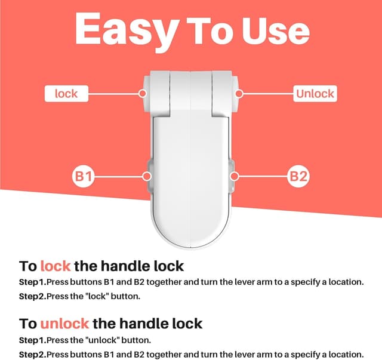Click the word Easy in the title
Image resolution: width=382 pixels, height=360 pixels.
[126, 30]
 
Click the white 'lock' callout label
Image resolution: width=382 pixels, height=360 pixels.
[66, 94]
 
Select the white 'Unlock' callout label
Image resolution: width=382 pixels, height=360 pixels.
[315, 94]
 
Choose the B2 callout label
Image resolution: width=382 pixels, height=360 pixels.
[298, 176]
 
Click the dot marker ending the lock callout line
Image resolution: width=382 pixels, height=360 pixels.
[143, 94]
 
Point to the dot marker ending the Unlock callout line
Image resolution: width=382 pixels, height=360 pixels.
[238, 94]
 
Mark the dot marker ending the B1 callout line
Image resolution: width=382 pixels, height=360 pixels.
[146, 176]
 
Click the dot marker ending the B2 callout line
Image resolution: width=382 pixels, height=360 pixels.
[235, 176]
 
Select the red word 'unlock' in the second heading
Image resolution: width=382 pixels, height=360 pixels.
[64, 324]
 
